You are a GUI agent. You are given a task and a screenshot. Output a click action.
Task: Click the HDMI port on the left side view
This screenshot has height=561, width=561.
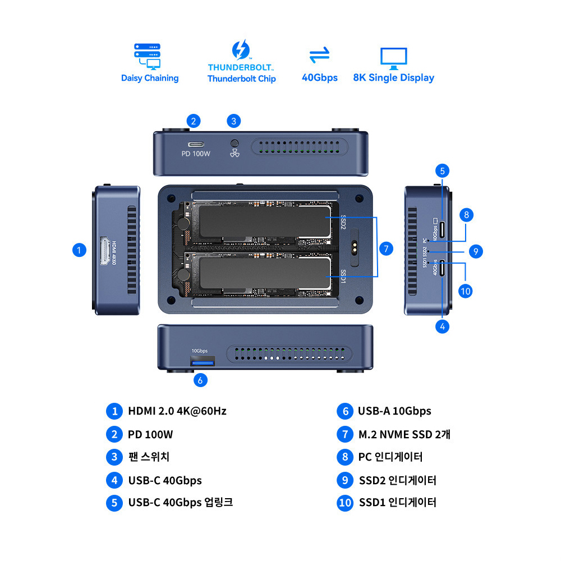tap(105, 251)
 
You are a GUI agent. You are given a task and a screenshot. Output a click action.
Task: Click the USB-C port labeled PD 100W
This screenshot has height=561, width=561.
tap(195, 143)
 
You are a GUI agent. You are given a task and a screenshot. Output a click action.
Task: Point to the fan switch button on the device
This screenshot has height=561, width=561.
tap(234, 143)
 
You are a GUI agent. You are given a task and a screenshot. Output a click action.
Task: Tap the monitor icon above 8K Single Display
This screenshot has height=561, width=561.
tap(393, 57)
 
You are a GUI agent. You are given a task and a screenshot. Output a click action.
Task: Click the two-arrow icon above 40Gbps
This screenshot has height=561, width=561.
tap(320, 56)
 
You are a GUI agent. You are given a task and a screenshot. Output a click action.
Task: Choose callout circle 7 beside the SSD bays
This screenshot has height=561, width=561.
tap(386, 249)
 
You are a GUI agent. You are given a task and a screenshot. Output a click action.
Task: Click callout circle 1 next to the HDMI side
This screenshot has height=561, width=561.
tap(80, 250)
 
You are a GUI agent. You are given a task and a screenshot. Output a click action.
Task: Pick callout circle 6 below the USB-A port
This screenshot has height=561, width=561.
tap(200, 380)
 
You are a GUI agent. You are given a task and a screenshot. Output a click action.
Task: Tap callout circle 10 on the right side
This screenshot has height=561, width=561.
tap(465, 291)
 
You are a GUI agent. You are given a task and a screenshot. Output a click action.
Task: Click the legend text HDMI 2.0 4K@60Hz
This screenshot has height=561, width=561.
tap(177, 411)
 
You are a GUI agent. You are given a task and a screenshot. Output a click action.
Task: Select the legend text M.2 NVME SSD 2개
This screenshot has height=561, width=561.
tap(404, 434)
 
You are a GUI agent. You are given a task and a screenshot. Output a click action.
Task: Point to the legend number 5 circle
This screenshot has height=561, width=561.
tap(114, 503)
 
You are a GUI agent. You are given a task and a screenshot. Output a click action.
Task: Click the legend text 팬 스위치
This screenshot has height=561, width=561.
tap(149, 457)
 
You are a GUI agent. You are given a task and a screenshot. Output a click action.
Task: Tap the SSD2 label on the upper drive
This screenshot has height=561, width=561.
tap(343, 223)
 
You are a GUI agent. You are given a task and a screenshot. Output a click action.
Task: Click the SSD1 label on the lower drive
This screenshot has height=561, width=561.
tap(343, 275)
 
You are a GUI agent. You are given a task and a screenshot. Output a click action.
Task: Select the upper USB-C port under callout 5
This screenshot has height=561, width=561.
tap(442, 229)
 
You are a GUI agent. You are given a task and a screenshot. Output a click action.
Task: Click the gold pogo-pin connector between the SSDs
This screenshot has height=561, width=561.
tap(355, 249)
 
